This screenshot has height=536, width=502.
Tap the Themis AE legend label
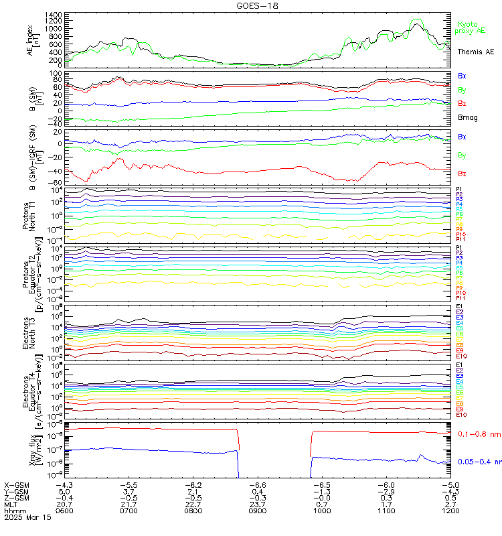(x=475, y=52)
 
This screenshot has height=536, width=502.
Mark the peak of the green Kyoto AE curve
(x=418, y=19)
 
